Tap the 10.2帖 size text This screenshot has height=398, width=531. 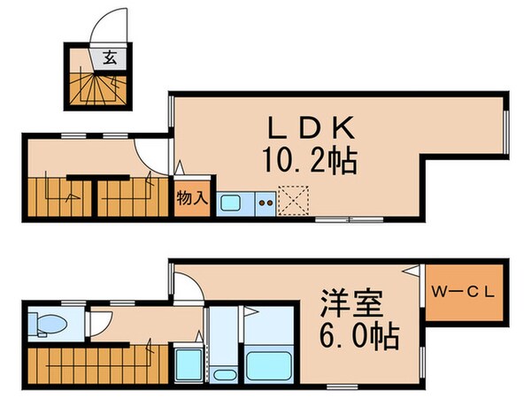(x=307, y=161)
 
